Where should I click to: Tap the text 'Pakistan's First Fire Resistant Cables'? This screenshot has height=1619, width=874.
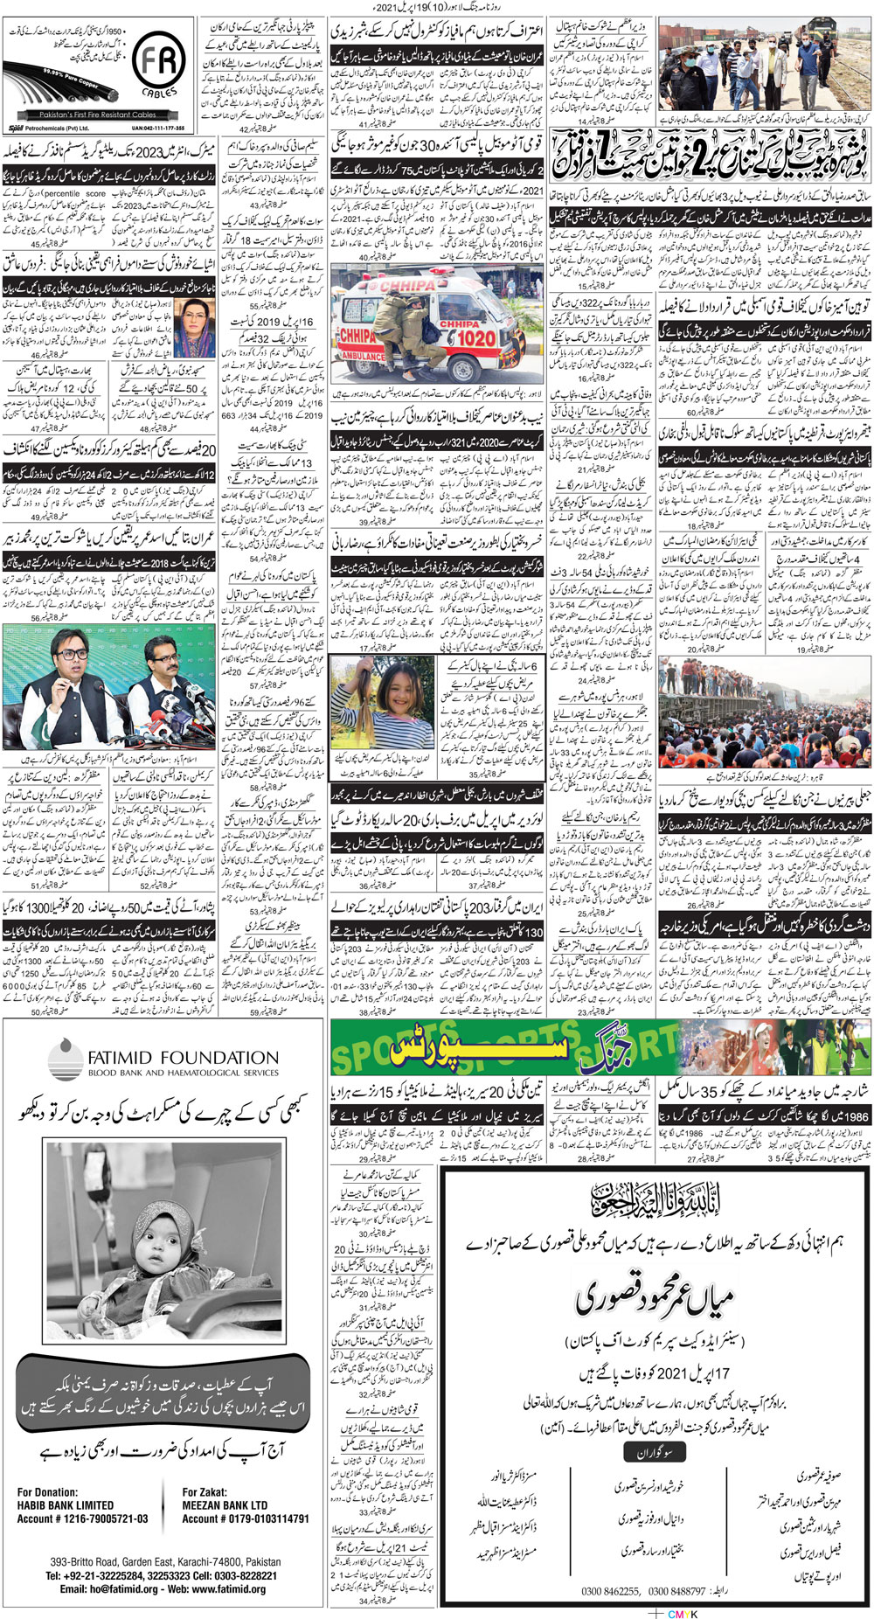pyautogui.click(x=98, y=115)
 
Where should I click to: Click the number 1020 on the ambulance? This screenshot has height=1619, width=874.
pyautogui.click(x=476, y=338)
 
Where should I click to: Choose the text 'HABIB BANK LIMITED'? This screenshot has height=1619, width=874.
pyautogui.click(x=65, y=1505)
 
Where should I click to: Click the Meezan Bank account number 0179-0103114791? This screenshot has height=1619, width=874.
pyautogui.click(x=246, y=1518)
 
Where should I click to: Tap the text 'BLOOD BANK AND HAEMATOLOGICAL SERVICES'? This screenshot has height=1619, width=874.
pyautogui.click(x=183, y=1073)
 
